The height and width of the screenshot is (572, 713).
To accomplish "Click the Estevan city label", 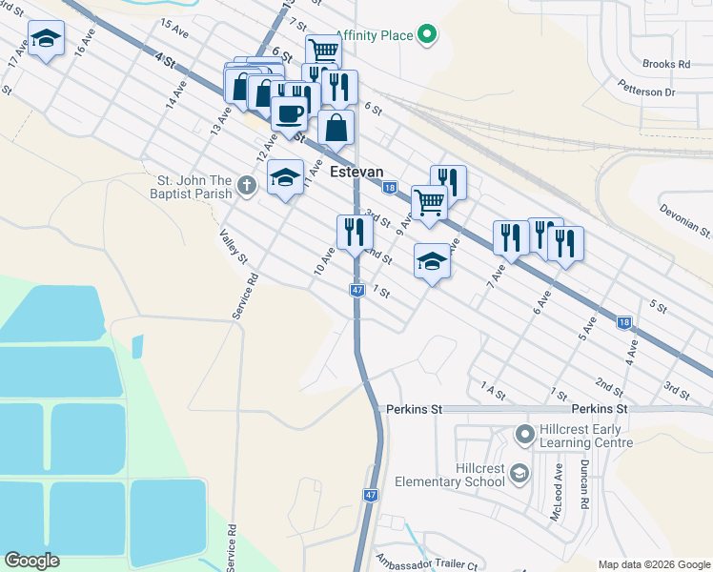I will click(356, 173).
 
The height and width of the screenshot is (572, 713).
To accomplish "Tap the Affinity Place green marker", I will click(428, 36).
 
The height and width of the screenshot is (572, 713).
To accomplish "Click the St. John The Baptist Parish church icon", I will click(247, 185).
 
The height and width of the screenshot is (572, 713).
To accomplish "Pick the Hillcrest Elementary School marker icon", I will click(519, 473).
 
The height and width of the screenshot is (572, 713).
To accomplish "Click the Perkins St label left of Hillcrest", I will click(416, 408).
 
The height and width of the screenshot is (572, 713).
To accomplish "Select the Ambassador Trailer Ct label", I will click(426, 563).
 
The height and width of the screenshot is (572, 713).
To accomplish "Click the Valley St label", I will click(234, 246).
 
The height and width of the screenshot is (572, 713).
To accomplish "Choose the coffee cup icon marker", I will click(289, 112).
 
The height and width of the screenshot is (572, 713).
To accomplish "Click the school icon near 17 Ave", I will click(46, 40).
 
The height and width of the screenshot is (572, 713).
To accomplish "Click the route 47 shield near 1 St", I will click(356, 289).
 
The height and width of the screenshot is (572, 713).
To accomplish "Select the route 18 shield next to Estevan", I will click(389, 188).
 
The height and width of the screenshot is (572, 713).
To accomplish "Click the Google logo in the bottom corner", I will click(31, 561).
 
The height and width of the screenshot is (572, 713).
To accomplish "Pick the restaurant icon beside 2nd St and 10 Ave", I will click(354, 231).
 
